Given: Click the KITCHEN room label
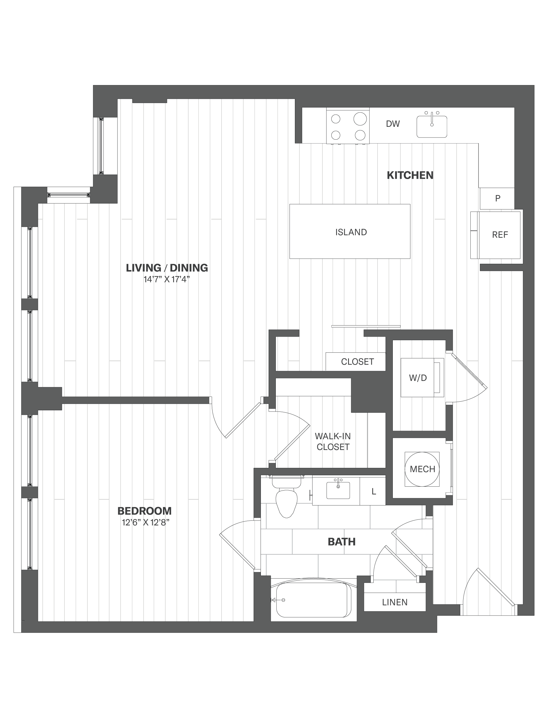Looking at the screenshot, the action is [x=410, y=175].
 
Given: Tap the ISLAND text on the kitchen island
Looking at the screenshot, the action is [x=351, y=232].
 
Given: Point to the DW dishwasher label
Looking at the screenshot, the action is [x=393, y=124].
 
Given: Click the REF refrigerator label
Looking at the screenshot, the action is [x=500, y=235].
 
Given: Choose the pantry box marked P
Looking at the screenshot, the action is [x=497, y=198].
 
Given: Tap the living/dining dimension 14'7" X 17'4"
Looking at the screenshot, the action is [x=167, y=280].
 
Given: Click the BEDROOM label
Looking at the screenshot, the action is [x=144, y=511].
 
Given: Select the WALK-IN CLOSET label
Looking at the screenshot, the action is [x=333, y=442].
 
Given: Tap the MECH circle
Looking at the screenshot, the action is [x=422, y=469].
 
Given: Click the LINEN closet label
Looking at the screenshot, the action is [x=395, y=602].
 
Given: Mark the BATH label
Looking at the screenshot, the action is [x=341, y=542].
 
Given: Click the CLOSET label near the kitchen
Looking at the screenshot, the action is [x=358, y=362].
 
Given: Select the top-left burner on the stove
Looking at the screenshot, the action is [x=336, y=119].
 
